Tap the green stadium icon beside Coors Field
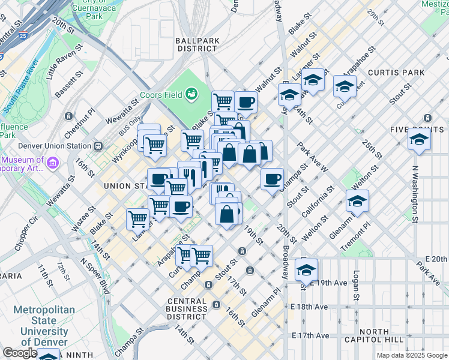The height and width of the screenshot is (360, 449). [191, 94]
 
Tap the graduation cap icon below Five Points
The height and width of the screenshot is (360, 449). [419, 141]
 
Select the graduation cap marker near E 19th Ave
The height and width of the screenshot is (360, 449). [306, 271]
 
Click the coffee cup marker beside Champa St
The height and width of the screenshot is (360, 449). [272, 178]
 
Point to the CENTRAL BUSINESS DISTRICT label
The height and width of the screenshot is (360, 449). [188, 308]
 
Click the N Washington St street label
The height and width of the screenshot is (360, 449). [414, 186]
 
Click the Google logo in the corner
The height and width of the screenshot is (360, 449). [20, 353]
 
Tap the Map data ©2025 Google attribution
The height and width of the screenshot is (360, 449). [411, 355]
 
